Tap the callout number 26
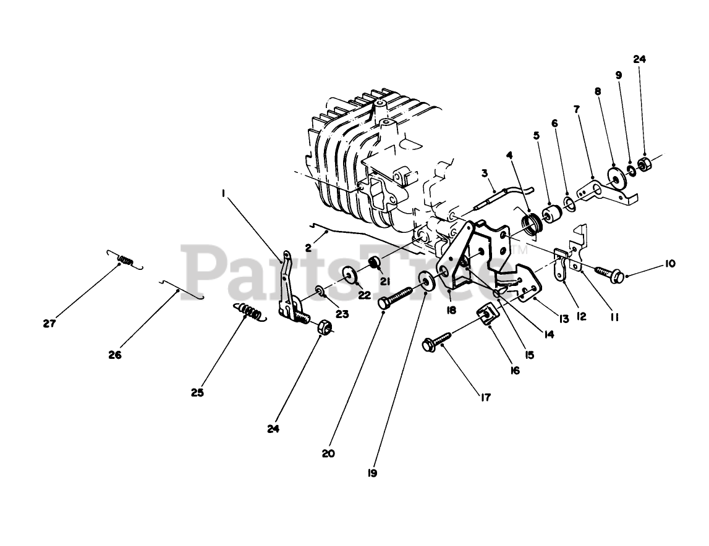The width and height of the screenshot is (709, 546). [115, 355]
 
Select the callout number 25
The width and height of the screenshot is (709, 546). [197, 392]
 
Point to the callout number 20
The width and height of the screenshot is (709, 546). [328, 453]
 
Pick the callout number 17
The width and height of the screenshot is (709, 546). [485, 398]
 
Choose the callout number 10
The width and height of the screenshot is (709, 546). [670, 264]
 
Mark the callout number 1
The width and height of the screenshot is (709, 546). [223, 193]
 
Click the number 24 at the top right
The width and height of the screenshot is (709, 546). [639, 59]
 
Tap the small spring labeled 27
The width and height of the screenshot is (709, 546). [126, 261]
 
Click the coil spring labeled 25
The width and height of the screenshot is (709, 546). [250, 312]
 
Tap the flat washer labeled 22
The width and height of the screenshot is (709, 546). [350, 274]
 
